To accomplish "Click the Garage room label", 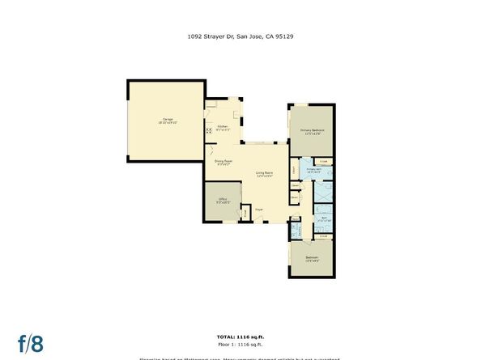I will pyautogui.click(x=168, y=120).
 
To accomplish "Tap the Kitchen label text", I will pyautogui.click(x=223, y=126).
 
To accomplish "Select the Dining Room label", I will pyautogui.click(x=224, y=161).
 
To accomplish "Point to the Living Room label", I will pyautogui.click(x=264, y=172).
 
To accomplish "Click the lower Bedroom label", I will pyautogui.click(x=312, y=258).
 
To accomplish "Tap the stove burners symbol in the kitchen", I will pyautogui.click(x=208, y=132).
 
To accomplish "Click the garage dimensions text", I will pyautogui.click(x=168, y=123).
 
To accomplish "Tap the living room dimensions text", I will pyautogui.click(x=264, y=176).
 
